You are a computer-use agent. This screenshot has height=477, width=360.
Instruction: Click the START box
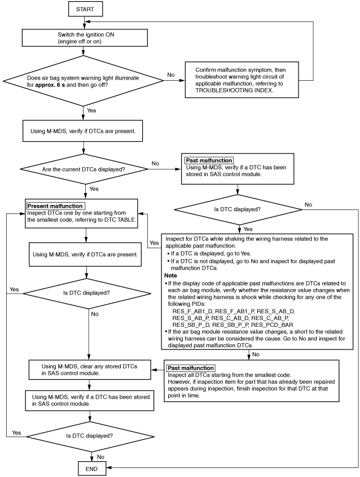pos(85,9)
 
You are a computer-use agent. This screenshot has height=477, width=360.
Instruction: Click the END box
pos(92,469)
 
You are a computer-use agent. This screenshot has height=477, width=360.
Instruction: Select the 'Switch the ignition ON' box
pos(85,38)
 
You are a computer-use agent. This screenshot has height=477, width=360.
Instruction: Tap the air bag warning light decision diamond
pos(83,81)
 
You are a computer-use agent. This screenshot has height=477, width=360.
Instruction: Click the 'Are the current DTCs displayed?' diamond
pos(84,169)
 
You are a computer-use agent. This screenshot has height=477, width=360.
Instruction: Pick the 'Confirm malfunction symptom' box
pos(242,80)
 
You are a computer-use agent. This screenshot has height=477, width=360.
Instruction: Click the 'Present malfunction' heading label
pos(55,206)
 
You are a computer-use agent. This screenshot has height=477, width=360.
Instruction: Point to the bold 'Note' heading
pos(170,275)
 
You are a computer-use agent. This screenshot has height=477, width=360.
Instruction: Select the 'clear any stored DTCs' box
pos(90,370)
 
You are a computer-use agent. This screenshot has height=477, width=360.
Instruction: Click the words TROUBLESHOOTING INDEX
pos(234,90)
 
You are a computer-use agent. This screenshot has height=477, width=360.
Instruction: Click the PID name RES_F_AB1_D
pos(192,311)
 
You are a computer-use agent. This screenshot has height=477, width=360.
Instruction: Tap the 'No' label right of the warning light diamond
pos(171,75)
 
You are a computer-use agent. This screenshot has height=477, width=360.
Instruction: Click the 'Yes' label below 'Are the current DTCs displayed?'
pos(94,189)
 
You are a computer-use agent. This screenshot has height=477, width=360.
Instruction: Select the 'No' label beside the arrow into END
pos(100,457)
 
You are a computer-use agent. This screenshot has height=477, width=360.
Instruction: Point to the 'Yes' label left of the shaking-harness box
pos(154,243)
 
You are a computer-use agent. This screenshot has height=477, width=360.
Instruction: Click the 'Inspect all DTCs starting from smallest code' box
pos(252,381)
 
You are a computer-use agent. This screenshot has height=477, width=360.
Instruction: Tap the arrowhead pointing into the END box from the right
pos(108,467)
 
